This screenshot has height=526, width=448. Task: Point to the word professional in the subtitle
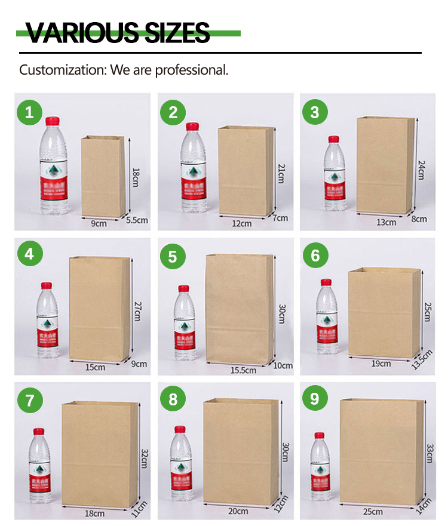point(191,70)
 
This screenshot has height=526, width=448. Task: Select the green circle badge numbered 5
point(173,257)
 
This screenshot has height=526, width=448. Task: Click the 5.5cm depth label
point(137,220)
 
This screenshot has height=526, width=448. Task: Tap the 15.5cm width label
point(243,370)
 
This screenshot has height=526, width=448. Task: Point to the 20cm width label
point(238,511)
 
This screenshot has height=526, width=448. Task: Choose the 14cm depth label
point(424,505)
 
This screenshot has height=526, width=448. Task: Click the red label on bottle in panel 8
point(181,476)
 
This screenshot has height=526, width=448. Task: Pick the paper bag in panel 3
point(385,165)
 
